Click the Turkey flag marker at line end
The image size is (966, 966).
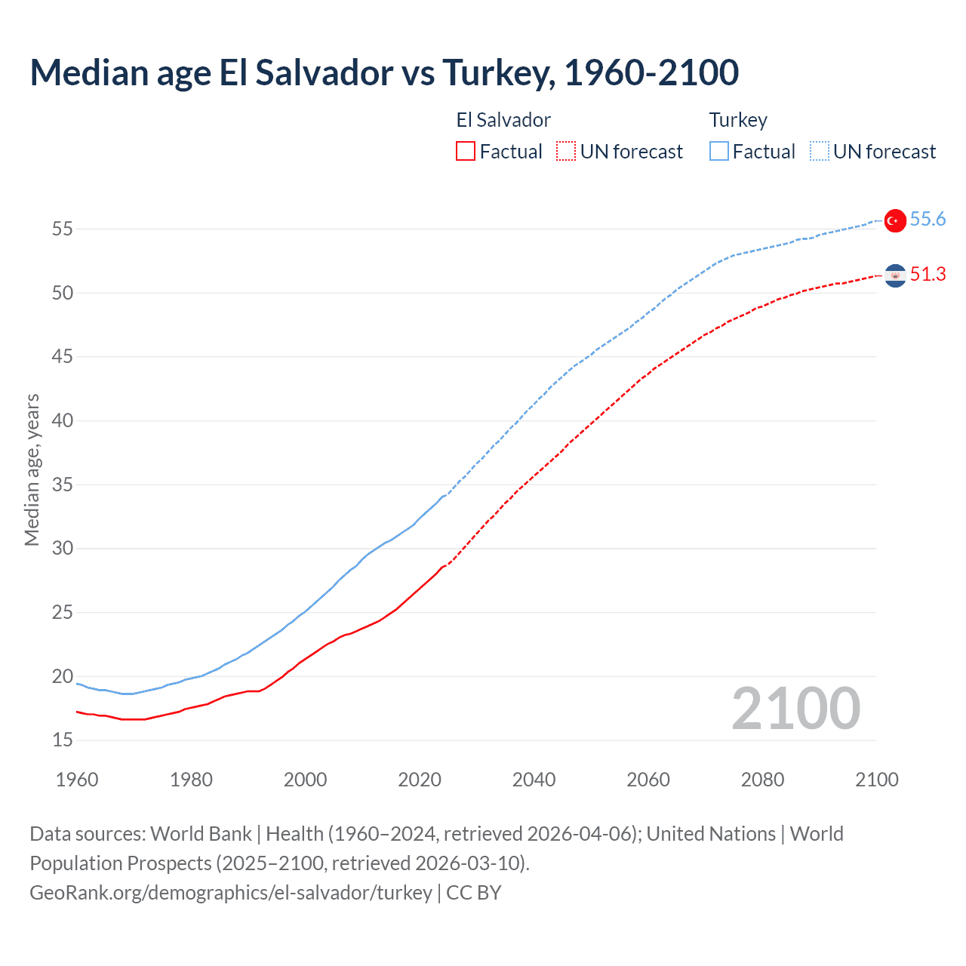point(895,220)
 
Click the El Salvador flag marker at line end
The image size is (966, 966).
point(895,276)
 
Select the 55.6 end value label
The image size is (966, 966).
point(928,220)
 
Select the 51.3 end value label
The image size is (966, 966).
point(928,275)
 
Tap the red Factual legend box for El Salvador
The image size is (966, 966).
point(466,152)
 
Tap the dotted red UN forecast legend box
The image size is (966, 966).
point(566,152)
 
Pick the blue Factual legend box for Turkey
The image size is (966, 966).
point(719,152)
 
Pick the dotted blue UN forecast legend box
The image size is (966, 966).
point(820,152)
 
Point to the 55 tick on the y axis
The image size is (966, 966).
point(63,229)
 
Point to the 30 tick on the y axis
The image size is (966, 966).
point(63,549)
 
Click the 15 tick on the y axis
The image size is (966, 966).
point(63,740)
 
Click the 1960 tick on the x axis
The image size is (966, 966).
point(77,780)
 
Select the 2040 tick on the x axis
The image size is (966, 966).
point(534,780)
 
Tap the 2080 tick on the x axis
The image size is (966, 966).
point(762,780)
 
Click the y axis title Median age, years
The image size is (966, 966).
point(32,469)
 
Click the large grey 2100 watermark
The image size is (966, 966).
point(795,708)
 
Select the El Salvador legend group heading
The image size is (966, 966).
point(503,120)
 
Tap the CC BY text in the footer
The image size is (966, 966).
point(474,893)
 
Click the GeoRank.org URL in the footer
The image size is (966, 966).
point(230,893)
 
